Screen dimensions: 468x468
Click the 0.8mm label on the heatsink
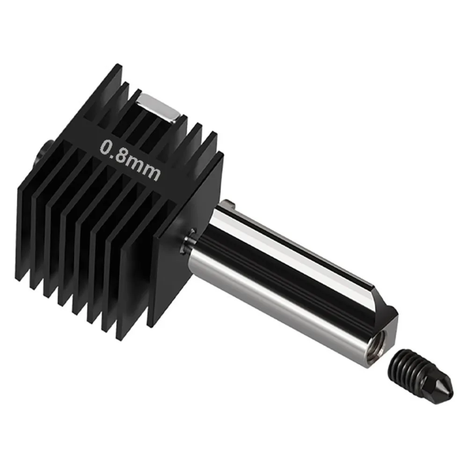coord(130,160)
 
